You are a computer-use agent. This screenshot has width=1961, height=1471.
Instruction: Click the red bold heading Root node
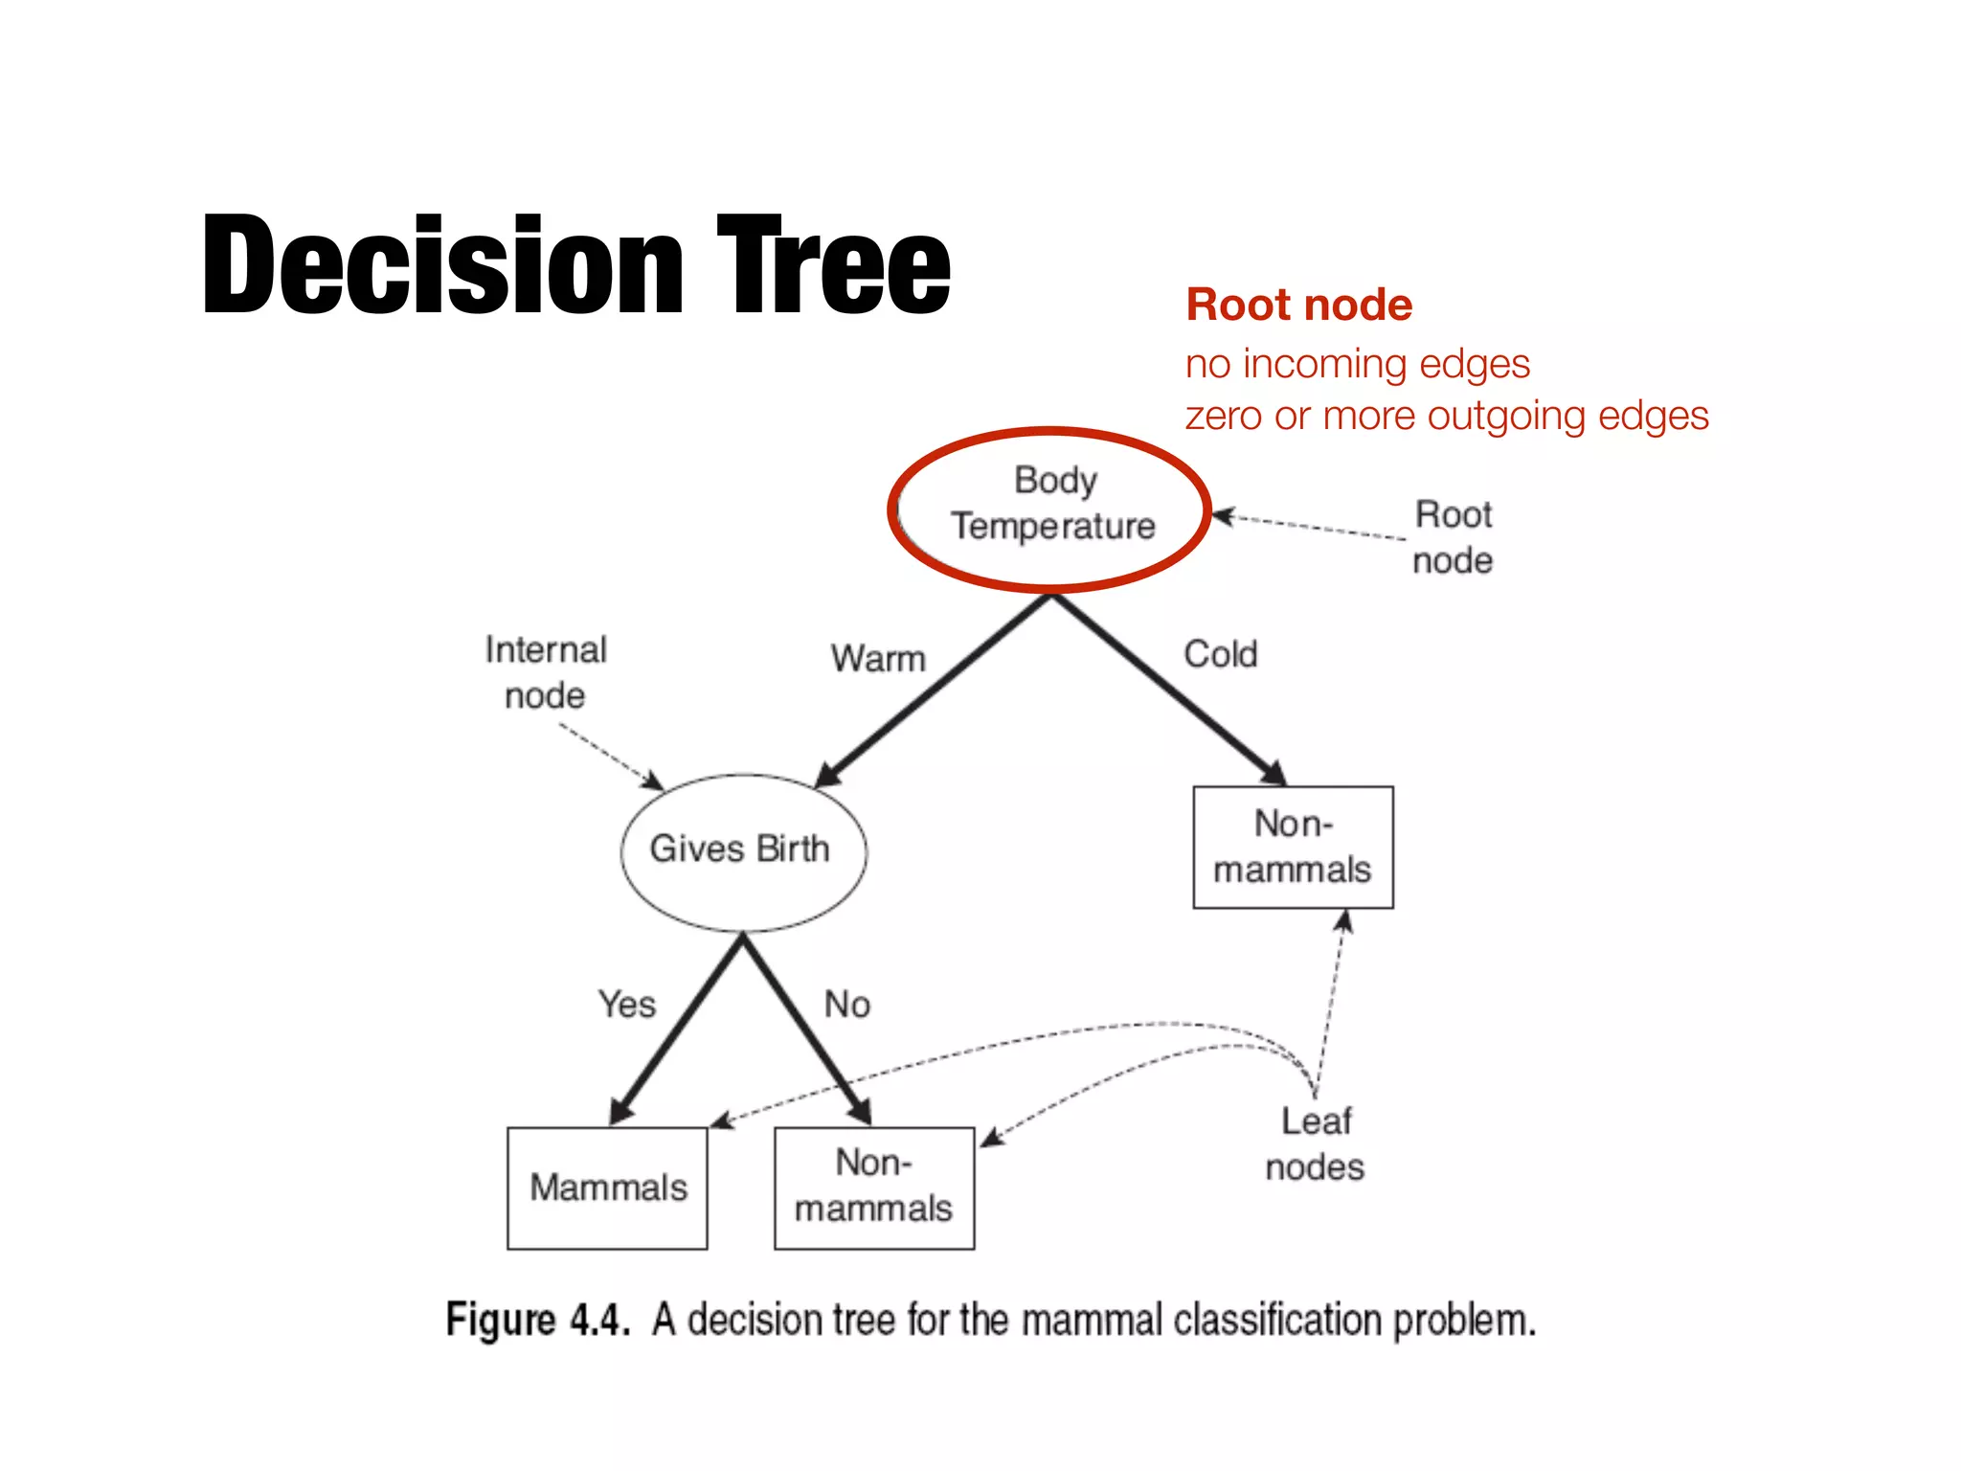[x=1298, y=306]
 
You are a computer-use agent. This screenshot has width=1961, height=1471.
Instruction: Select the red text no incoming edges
[x=1357, y=365]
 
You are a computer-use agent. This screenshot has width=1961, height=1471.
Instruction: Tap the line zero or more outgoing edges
[x=1446, y=417]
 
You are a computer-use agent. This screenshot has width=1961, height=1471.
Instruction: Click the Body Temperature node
[x=1052, y=505]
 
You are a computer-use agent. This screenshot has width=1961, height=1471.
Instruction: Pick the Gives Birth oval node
[x=741, y=850]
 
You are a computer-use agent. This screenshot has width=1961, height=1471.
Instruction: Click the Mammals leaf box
[x=608, y=1188]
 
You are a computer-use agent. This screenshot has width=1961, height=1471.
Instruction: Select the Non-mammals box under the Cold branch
[x=1293, y=848]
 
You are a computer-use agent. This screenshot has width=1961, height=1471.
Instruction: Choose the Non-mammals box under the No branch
[x=873, y=1188]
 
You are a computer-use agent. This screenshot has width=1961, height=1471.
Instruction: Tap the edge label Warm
[x=878, y=660]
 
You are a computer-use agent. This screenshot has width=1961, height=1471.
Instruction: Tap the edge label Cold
[x=1220, y=655]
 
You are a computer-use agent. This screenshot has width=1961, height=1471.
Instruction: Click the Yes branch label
[x=627, y=1005]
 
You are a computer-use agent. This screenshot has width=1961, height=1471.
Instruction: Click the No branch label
[x=847, y=1005]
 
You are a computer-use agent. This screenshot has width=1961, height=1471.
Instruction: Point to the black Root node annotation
[x=1453, y=537]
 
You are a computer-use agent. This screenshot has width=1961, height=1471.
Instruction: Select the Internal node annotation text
[x=546, y=672]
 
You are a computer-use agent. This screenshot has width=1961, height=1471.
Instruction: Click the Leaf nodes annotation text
[x=1315, y=1144]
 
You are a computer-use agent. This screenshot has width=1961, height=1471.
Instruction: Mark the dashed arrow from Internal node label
[x=609, y=756]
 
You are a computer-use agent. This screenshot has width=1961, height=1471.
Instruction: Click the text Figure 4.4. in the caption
[x=538, y=1320]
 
